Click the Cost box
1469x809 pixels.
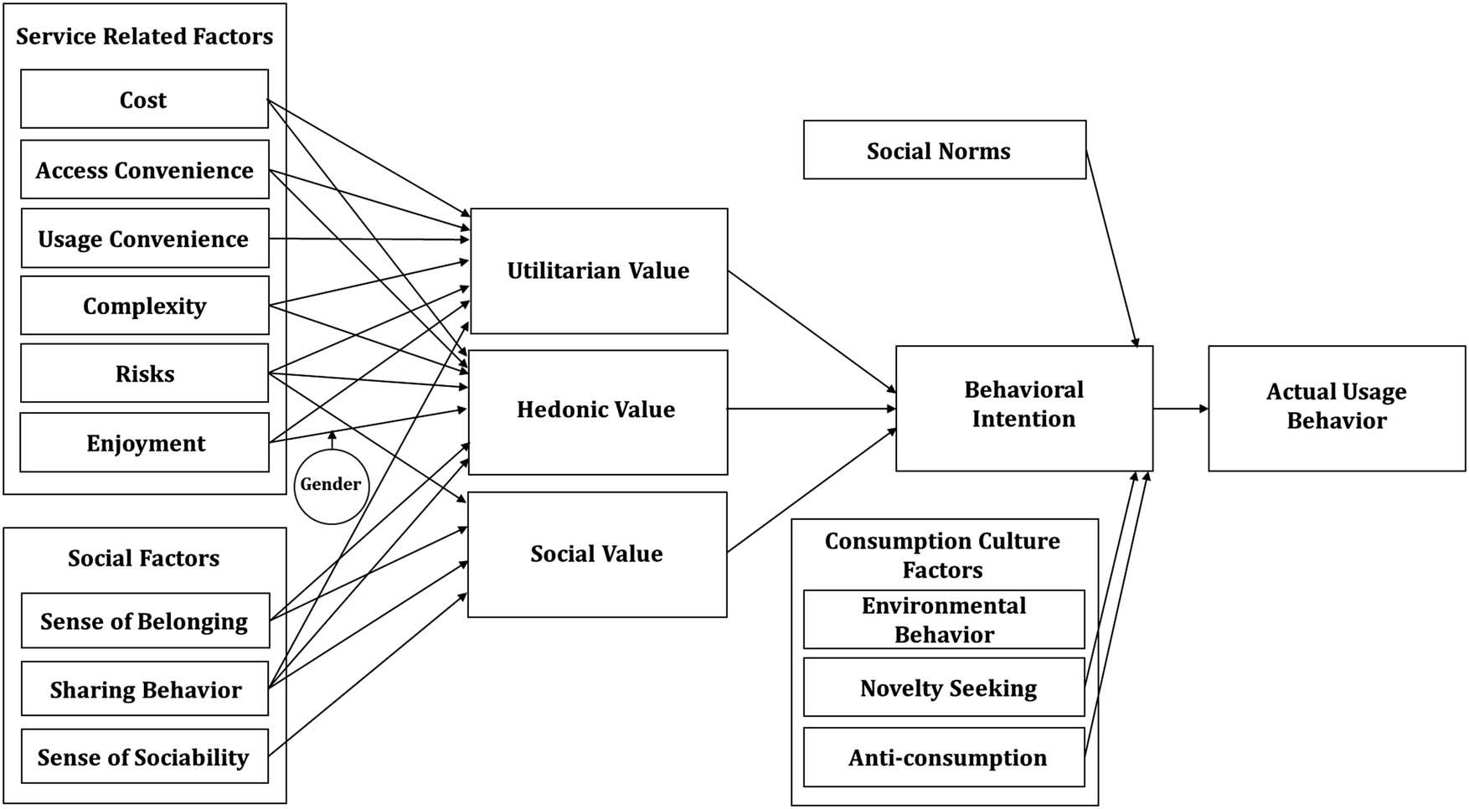[144, 100]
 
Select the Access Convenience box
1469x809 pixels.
[144, 170]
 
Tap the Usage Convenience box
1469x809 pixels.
[144, 239]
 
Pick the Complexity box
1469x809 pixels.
[144, 306]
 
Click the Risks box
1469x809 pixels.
[144, 374]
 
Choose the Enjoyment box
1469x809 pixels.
[144, 443]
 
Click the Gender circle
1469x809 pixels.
[331, 486]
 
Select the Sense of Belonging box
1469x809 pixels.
[145, 621]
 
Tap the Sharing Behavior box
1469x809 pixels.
[145, 689]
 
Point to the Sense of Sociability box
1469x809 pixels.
[144, 757]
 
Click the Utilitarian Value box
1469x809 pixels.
[599, 271]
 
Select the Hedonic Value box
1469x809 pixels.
[597, 410]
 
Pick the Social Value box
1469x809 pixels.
[597, 554]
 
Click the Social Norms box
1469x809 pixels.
[944, 151]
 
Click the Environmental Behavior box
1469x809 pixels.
[944, 620]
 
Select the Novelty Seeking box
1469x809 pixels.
[944, 688]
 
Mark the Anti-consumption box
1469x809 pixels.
[944, 758]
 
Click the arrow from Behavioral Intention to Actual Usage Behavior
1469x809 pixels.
[1180, 409]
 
